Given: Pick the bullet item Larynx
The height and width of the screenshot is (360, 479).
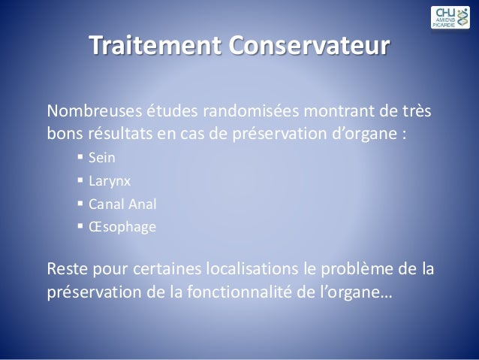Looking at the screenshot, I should point(107,181).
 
